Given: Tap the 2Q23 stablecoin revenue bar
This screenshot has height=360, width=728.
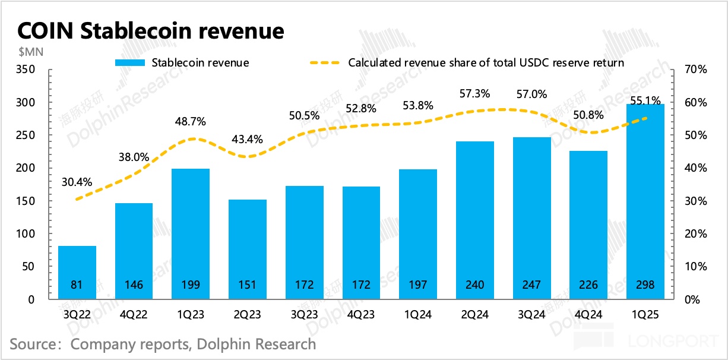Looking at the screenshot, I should [248, 250].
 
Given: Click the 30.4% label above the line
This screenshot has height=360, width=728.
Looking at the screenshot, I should [77, 182].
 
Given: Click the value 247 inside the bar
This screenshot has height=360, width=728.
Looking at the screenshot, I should [531, 285].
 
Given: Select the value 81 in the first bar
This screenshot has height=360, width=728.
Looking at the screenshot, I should [77, 285].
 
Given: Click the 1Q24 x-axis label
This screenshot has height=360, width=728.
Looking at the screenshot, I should [417, 315].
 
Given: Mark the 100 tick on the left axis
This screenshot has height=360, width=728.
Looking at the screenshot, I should [27, 234].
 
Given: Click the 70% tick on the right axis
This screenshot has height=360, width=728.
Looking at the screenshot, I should [695, 70].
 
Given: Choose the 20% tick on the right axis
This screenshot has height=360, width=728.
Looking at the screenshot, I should [695, 234].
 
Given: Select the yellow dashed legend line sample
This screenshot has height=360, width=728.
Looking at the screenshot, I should [325, 62].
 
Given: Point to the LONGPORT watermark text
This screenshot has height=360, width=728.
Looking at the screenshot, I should [667, 342].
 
